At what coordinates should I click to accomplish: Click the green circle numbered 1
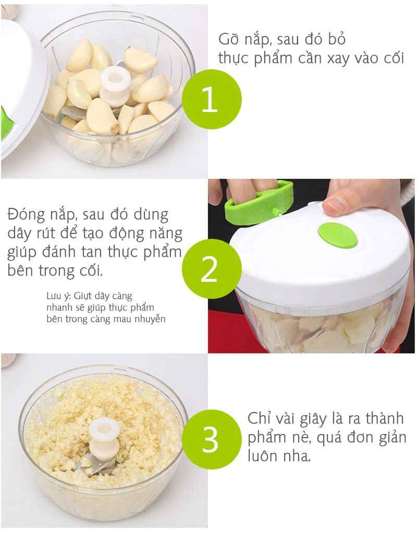[x=212, y=99]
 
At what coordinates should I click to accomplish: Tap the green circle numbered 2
[x=212, y=269]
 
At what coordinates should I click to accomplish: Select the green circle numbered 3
[x=212, y=439]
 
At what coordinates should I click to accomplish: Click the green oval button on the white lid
[x=338, y=235]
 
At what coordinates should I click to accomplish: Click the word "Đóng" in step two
[x=26, y=215]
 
